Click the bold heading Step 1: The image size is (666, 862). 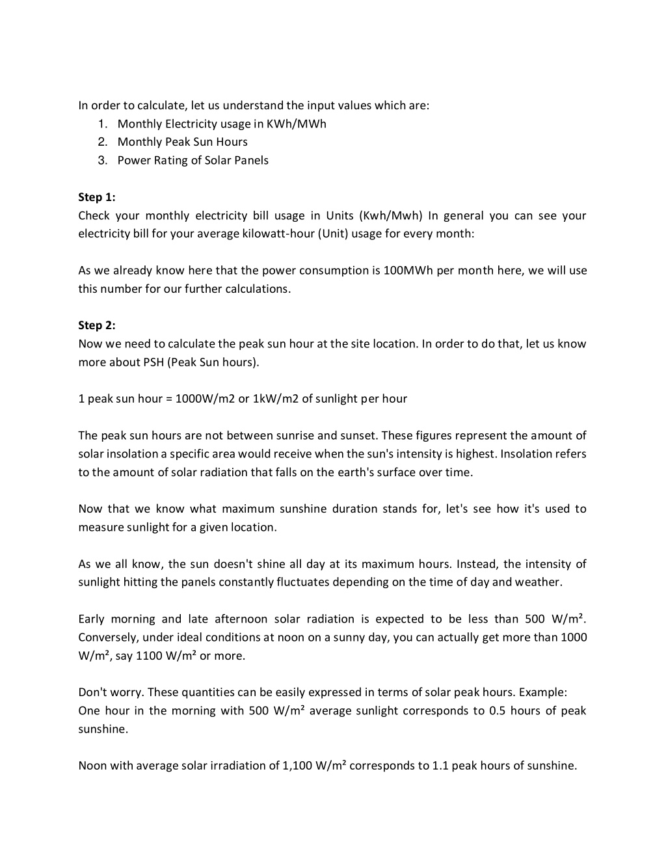[x=96, y=197]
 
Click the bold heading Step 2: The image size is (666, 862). [x=96, y=325]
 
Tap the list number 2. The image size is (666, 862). [x=103, y=142]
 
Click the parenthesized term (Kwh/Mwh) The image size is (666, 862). [x=390, y=215]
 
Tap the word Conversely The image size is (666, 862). [x=107, y=637]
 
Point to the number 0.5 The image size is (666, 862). [x=498, y=710]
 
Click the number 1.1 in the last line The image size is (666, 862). [x=440, y=765]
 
